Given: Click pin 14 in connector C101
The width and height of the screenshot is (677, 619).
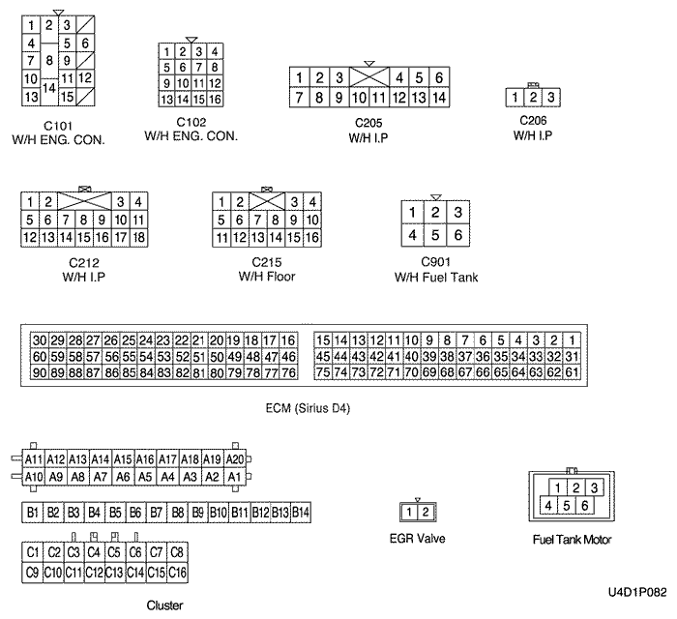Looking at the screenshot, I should tap(48, 87).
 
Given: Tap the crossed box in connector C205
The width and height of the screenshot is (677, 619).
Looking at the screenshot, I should tap(368, 77).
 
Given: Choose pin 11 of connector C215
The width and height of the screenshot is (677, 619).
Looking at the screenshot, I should tap(221, 237).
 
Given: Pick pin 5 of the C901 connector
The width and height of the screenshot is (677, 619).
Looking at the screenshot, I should tap(435, 235).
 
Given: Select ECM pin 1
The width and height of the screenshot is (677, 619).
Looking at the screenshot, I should tap(574, 340).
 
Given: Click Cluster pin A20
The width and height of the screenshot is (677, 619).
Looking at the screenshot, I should tap(234, 459).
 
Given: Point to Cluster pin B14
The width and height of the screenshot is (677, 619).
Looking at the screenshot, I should tap(301, 512).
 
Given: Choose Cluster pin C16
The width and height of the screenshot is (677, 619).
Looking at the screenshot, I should tap(177, 573).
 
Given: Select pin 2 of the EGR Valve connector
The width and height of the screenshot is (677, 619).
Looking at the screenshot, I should tap(424, 512).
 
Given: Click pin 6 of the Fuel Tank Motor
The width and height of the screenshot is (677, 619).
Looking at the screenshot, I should tap(584, 505).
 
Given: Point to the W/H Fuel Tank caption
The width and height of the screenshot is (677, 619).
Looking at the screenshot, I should tap(436, 278).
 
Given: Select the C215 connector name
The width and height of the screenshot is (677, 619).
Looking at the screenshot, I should tap(266, 262).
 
